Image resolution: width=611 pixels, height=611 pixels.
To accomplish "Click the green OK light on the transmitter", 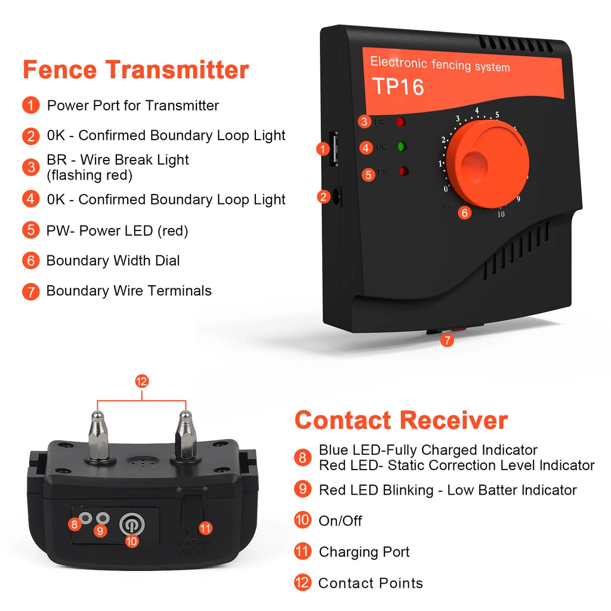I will coord(402,147).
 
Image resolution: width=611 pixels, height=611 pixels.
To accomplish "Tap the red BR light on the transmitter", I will coord(400,122).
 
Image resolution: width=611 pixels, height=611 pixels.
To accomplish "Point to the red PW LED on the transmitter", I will coord(403,172).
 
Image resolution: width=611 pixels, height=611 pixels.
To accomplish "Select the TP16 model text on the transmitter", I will coord(398,87).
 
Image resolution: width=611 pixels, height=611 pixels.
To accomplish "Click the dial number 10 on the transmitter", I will coord(501,214).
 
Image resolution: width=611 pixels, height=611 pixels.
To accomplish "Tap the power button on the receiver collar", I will coord(132,524).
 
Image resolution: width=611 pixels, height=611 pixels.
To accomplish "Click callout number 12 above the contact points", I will coord(141,381).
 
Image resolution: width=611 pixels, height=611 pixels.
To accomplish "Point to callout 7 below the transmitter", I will coord(447,341).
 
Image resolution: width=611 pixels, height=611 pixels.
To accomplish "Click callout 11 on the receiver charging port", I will coord(205,528).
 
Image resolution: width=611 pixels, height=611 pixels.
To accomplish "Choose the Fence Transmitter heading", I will coord(135,70).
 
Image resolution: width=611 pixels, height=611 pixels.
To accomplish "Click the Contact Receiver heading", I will coord(401,420).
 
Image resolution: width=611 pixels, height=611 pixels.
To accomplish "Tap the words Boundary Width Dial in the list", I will coord(113,261).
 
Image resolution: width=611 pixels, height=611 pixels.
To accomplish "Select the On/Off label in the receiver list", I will coord(340,521).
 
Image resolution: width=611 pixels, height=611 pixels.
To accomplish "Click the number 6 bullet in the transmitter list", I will coord(30,261).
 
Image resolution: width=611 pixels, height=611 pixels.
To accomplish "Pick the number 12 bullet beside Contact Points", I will coord(303,582).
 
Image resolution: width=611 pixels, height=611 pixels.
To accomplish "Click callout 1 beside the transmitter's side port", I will coord(323,149).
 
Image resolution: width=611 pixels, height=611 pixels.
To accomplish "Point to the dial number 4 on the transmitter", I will coord(477,110).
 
